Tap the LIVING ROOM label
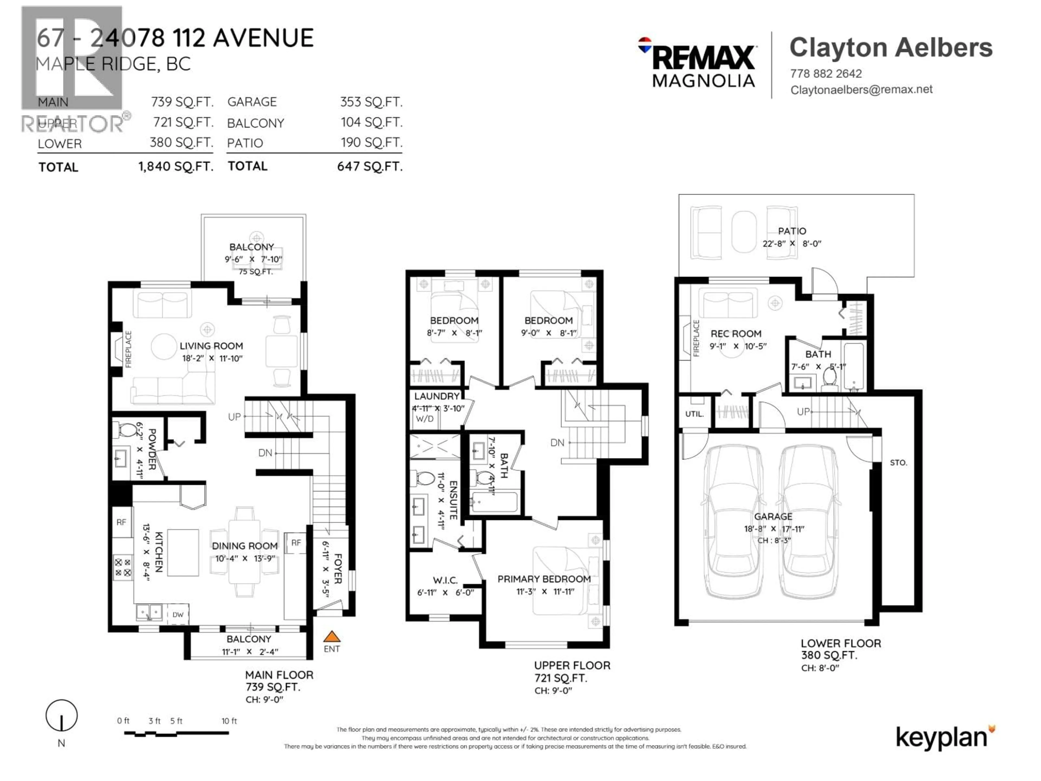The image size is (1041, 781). point(211,346)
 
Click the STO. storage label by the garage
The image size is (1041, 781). point(898,463)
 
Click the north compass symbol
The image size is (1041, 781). point(61,716)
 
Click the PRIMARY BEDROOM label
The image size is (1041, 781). point(544,579)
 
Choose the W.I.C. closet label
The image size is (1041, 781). point(445,580)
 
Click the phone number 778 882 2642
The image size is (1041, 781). point(826,74)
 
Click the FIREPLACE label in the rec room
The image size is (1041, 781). point(696,338)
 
